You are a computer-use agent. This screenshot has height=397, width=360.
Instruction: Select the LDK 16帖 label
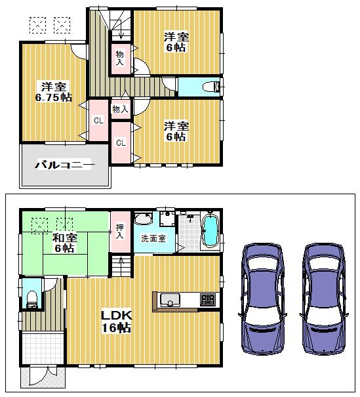click(115, 322)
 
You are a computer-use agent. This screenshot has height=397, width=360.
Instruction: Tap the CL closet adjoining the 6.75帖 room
click(98, 120)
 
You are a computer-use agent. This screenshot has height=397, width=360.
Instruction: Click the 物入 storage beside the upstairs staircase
click(120, 59)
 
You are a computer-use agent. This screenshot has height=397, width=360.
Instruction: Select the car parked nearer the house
click(262, 299)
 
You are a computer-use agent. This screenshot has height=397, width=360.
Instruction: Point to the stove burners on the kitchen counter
click(208, 300)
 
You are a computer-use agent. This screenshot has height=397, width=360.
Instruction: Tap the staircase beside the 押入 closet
click(120, 265)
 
